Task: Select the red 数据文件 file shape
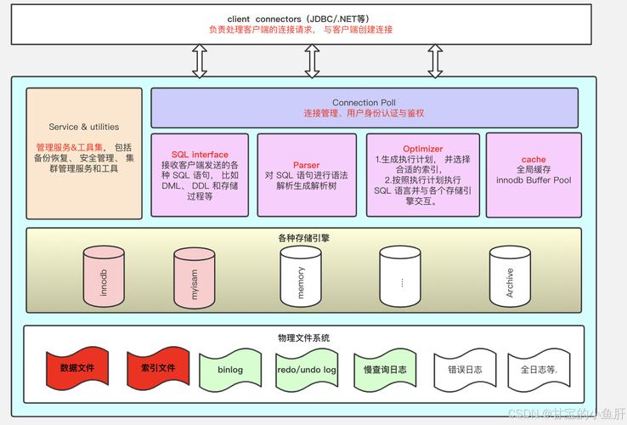point(76,369)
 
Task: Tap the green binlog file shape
point(229,370)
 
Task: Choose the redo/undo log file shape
point(307,370)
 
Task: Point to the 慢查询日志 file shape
point(385,370)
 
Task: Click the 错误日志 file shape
point(464,370)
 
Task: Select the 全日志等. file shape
point(539,370)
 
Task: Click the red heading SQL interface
point(200,155)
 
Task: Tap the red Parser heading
point(306,165)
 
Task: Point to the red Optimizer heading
point(422,149)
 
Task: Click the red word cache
point(533,159)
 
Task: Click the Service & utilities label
point(84,127)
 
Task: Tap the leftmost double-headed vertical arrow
point(200,61)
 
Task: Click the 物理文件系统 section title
point(303,337)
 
